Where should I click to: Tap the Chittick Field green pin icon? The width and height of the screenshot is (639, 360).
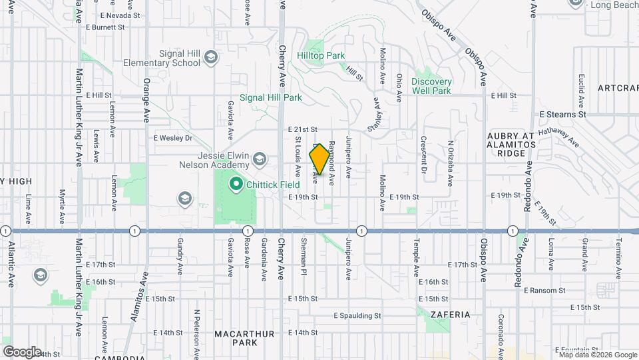point(235,183)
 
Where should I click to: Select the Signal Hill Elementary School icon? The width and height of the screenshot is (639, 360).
point(211,57)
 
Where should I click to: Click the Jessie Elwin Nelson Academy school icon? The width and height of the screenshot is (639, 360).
point(259,159)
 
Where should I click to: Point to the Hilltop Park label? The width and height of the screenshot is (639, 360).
point(321,55)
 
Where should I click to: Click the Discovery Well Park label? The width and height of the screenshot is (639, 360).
point(431,86)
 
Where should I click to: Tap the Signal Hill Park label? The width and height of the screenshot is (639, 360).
point(271,97)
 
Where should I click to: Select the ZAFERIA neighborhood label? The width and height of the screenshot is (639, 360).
point(451,314)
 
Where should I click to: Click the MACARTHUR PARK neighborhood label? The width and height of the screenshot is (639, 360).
point(235,337)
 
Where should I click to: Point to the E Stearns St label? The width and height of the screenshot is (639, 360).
point(562,115)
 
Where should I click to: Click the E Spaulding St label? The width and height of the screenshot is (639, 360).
point(357,315)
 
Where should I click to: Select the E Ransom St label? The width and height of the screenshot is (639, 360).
point(544,291)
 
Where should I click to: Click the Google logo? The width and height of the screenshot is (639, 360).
point(22,351)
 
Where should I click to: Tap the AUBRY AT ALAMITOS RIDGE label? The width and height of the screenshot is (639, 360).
point(511,144)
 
